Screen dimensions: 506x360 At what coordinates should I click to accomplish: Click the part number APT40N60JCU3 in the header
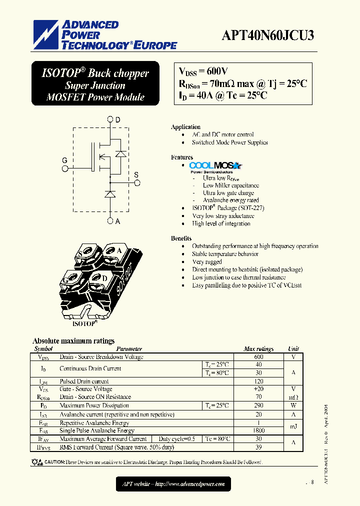pos(268,35)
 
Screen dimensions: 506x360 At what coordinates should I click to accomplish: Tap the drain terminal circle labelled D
pos(110,120)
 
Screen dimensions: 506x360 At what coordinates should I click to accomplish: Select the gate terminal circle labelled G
pos(64,169)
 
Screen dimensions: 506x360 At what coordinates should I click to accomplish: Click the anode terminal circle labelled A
pos(110,221)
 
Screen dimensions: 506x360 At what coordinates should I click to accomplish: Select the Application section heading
pos(185,127)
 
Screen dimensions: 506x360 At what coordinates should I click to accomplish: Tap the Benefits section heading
pos(181,238)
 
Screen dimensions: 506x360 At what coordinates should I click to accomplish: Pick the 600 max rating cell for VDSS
pos(258,357)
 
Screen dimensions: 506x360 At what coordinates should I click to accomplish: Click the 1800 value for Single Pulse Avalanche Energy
pos(258,430)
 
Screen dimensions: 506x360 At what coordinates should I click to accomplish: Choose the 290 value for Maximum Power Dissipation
pos(258,405)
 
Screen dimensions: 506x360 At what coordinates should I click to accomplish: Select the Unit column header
pos(293,349)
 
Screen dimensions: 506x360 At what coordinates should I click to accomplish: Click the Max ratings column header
pos(258,349)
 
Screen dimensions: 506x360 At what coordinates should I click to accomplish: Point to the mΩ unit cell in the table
pos(293,397)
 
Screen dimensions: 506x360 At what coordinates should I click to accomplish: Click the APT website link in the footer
pos(173,483)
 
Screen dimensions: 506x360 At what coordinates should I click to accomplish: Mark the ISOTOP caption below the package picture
pos(84,323)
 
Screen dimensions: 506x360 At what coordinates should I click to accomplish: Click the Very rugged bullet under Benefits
pos(207,261)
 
